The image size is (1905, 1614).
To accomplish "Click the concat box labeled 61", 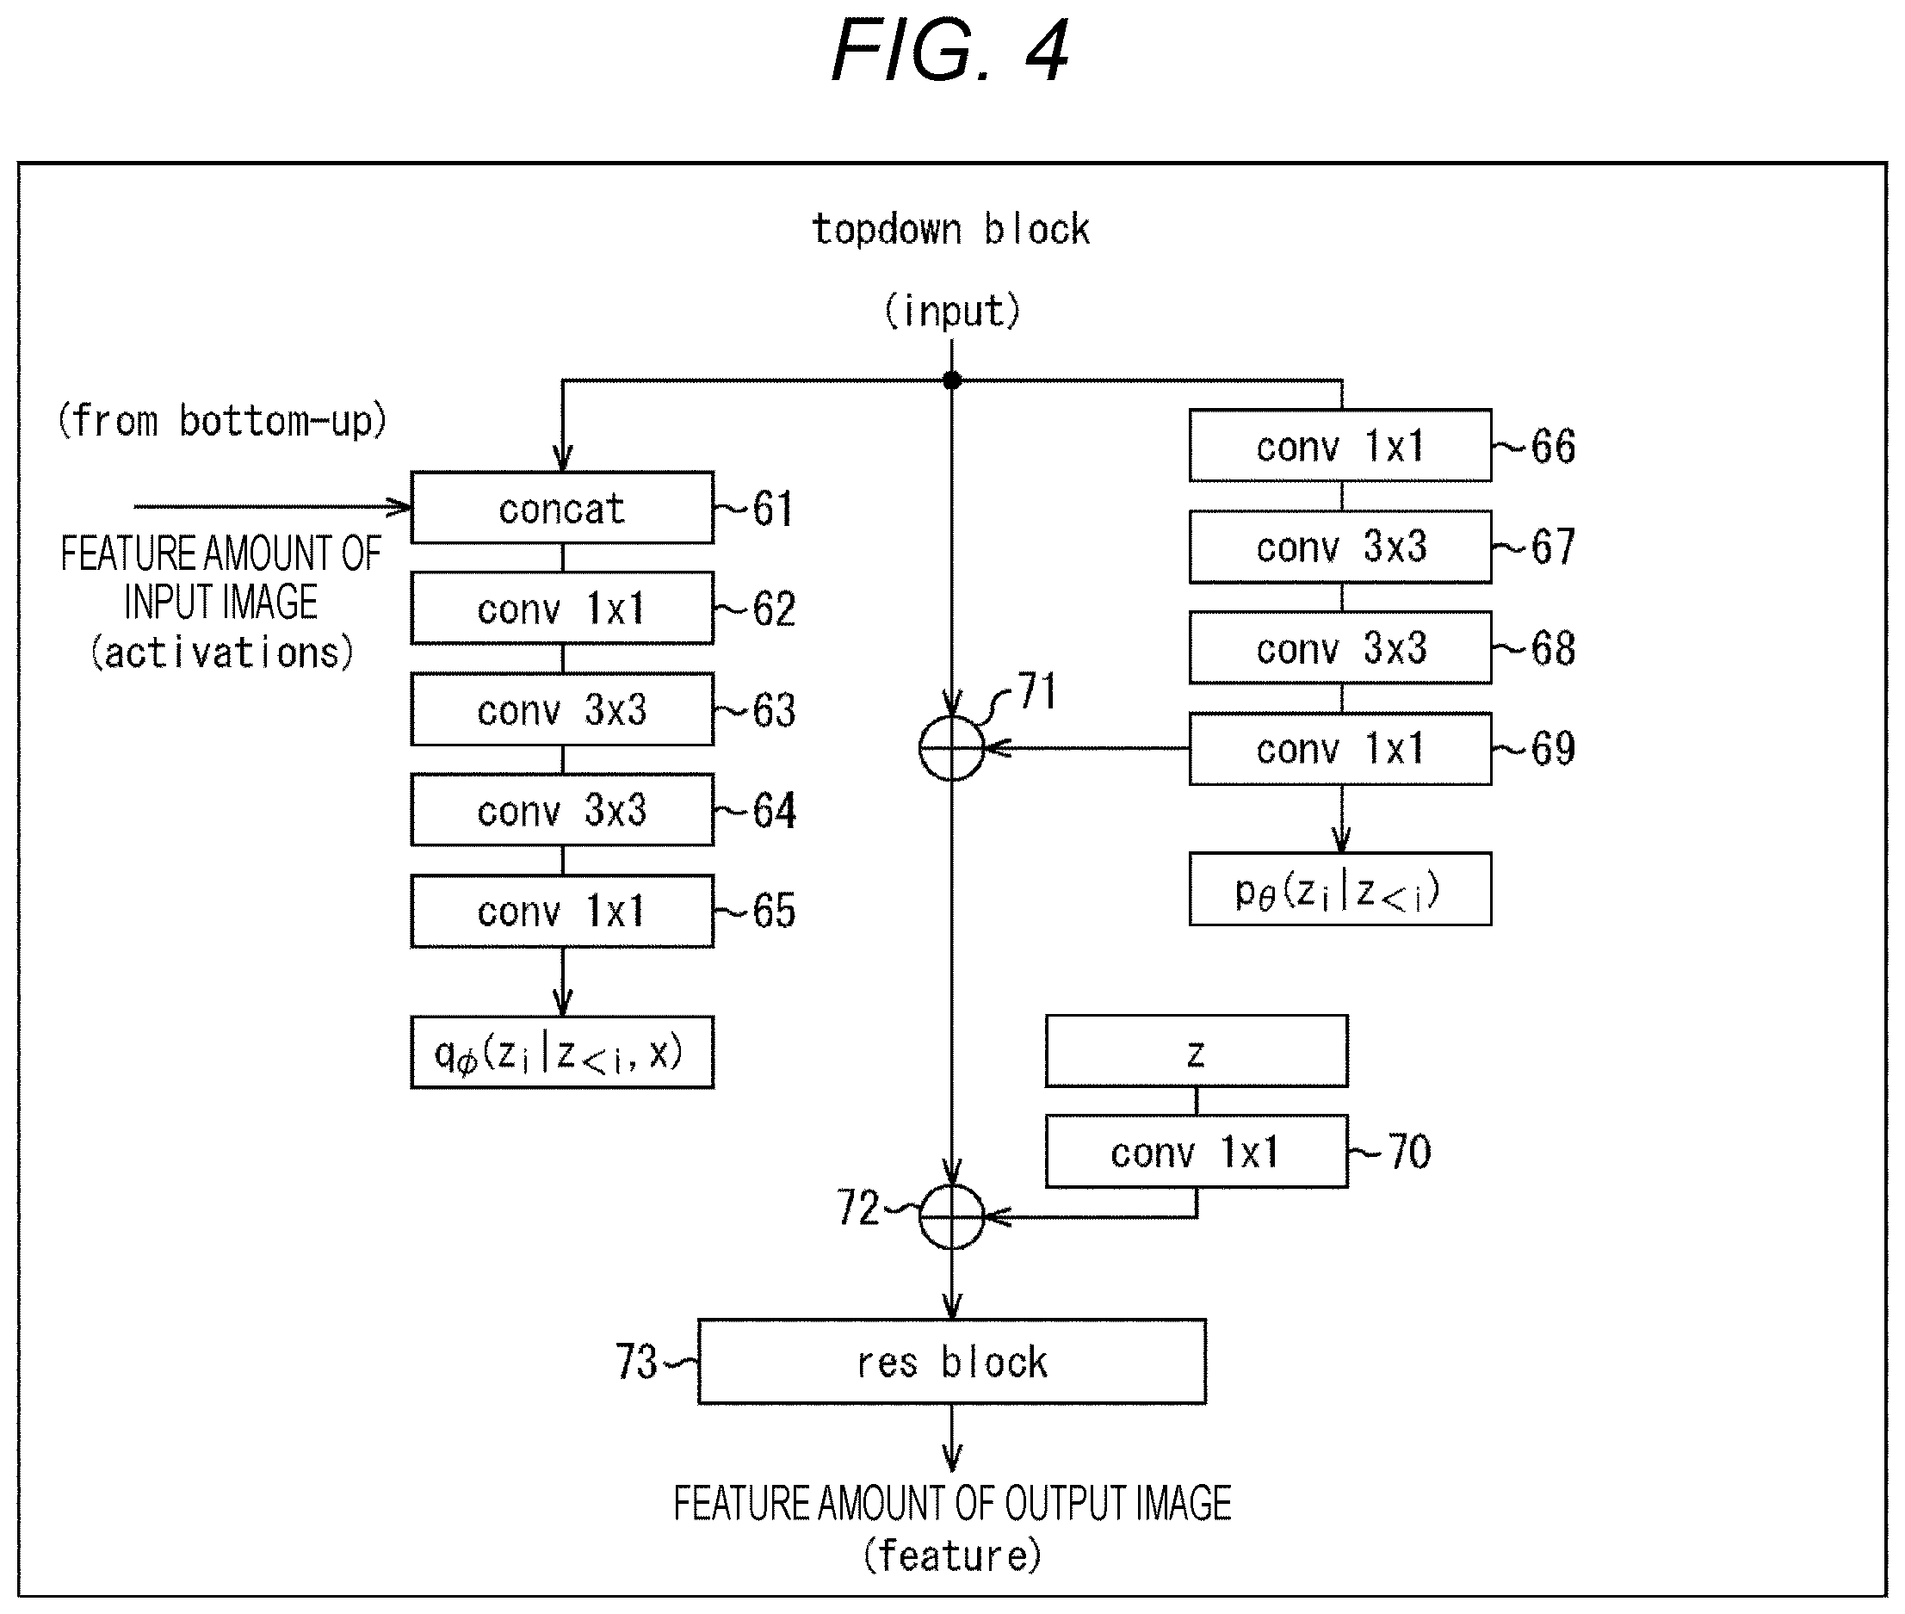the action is [x=562, y=508].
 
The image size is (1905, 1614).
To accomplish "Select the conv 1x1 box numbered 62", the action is [x=562, y=609].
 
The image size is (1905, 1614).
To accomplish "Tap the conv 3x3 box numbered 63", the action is [x=562, y=709].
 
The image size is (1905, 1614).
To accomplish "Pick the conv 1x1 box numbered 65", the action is [x=562, y=912].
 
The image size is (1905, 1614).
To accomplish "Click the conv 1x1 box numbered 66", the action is [x=1340, y=446].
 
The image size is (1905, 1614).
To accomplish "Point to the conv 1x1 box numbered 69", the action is [x=1340, y=748].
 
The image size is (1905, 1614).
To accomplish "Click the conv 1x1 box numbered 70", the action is [x=1197, y=1151].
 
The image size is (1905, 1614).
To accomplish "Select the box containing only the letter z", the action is [x=1197, y=1050].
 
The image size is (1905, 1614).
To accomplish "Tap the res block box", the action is [x=951, y=1362].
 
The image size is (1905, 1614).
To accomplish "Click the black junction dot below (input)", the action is [x=951, y=380].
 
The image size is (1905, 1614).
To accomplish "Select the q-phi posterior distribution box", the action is [x=562, y=1052].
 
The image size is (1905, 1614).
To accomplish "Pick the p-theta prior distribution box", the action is [x=1340, y=889].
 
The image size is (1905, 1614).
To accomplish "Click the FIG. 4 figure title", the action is [x=949, y=52].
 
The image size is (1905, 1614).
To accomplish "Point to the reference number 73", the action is [x=636, y=1362].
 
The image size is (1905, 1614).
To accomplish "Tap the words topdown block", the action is [x=950, y=229].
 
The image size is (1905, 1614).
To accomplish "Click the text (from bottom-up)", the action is [x=222, y=421].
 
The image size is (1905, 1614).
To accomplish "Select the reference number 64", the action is [x=774, y=811].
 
